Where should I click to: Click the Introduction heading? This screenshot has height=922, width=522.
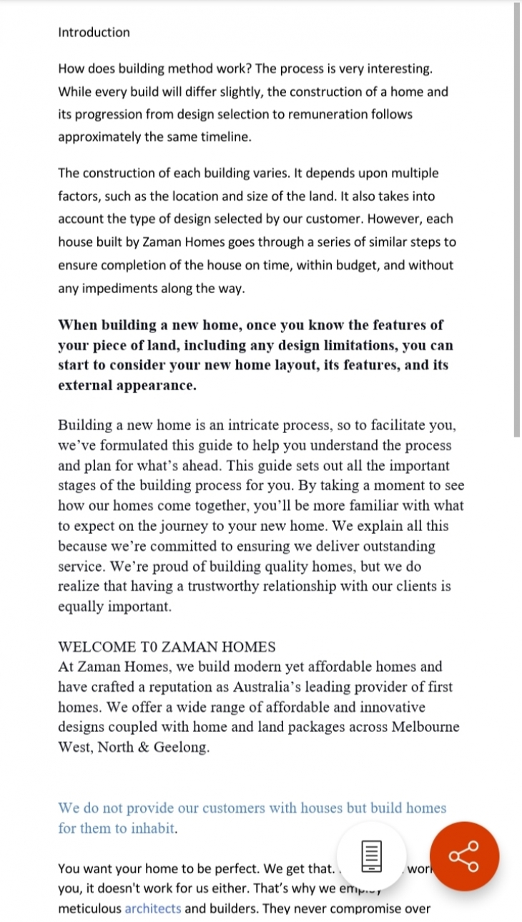click(x=94, y=32)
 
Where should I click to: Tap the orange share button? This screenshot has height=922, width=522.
click(x=464, y=856)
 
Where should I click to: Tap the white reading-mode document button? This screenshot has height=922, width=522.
click(x=370, y=856)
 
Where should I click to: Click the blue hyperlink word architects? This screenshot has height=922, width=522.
click(x=153, y=908)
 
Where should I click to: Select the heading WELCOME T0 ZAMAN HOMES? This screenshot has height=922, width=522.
click(x=166, y=647)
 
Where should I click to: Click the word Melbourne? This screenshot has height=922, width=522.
click(x=425, y=727)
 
